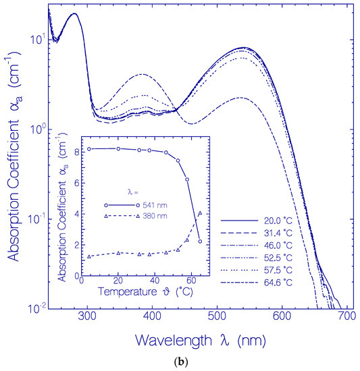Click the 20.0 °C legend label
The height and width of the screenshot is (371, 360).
point(278,221)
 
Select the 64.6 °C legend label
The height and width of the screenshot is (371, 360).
point(278,283)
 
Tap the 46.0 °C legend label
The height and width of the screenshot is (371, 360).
point(278,246)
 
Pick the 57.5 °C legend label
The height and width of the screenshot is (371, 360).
point(278,270)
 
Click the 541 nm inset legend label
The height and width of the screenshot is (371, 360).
point(155,205)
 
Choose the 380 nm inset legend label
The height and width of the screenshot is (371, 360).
point(155,216)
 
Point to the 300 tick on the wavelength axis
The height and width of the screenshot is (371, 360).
point(87,316)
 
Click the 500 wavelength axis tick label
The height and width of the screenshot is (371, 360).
point(217,316)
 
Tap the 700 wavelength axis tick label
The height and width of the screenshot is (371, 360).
point(347,316)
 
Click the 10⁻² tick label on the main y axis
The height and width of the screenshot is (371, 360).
point(36,308)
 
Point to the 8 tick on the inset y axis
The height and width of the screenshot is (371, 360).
point(77,152)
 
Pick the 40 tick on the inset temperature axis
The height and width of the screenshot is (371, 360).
point(155,281)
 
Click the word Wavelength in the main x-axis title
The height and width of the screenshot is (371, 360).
point(174,341)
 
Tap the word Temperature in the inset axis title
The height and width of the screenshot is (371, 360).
point(128,291)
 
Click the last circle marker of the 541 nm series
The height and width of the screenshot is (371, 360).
point(200,241)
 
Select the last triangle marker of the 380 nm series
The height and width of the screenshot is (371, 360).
point(200,213)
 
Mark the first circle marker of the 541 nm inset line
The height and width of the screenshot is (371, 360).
point(89,149)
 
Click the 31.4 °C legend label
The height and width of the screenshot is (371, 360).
point(278,233)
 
